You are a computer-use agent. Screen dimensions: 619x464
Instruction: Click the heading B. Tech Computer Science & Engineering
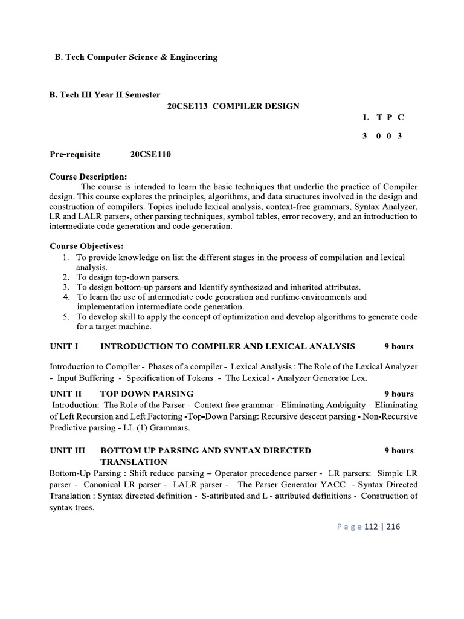[133, 57]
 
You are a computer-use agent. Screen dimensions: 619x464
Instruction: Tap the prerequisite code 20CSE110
[150, 154]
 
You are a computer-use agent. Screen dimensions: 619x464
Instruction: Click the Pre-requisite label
[75, 154]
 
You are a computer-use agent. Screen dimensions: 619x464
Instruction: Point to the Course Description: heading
[88, 177]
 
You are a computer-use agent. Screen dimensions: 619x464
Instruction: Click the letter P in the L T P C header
[388, 117]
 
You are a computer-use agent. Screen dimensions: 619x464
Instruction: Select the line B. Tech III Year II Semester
[105, 94]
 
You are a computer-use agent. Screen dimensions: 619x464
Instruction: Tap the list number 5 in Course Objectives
[66, 317]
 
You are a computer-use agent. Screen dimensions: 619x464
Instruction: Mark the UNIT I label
[64, 346]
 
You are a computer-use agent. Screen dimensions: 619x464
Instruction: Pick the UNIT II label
[65, 394]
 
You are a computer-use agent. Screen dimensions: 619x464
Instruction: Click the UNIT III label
[67, 450]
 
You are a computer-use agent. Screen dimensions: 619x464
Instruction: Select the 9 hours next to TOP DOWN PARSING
[399, 394]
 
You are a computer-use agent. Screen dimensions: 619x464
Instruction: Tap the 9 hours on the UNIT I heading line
[399, 346]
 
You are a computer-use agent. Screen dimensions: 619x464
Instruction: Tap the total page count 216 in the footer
[393, 527]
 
